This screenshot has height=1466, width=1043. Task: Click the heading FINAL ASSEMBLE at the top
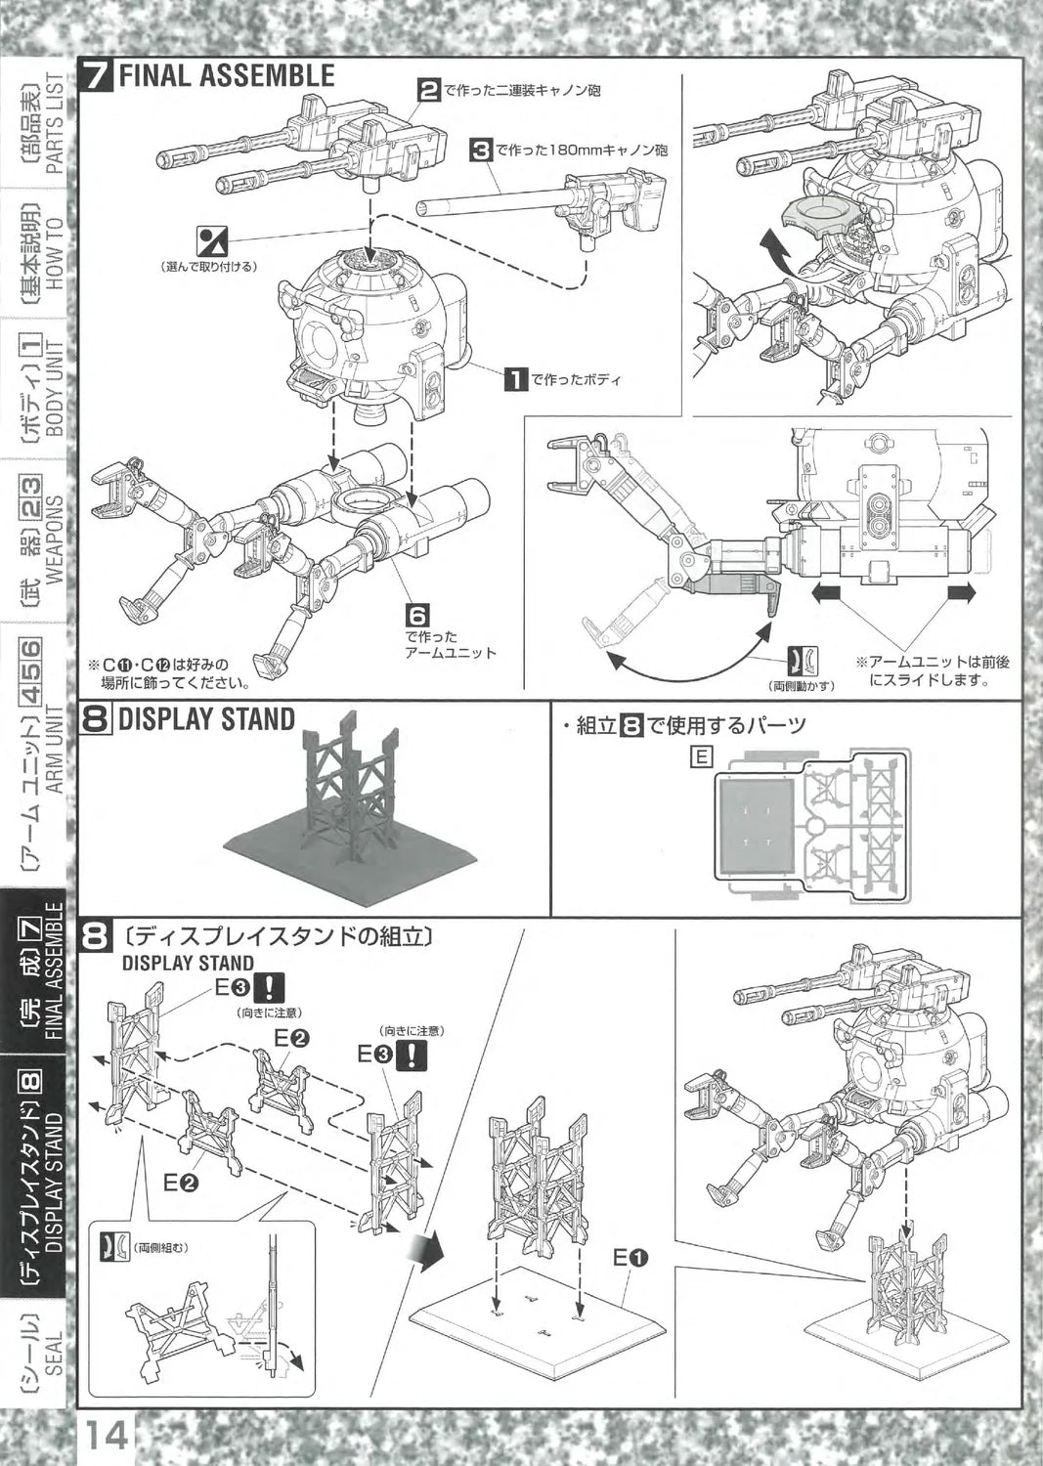click(226, 76)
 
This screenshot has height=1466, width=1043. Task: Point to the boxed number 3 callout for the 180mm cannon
click(480, 151)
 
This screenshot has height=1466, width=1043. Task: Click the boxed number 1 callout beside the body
click(515, 378)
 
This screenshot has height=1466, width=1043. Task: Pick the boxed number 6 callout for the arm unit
click(417, 617)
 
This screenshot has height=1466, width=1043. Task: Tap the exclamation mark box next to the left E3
click(269, 986)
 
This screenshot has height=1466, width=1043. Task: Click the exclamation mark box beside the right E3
click(416, 1055)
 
